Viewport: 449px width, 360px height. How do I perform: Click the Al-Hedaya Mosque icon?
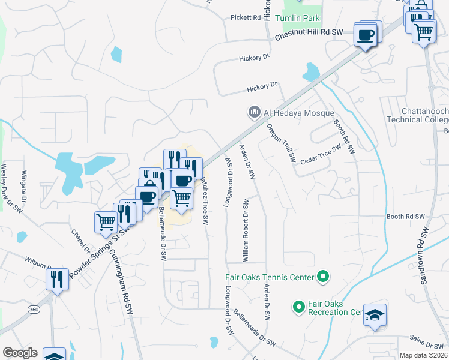point(254,112)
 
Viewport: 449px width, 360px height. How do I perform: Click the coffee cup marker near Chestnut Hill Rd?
point(366,35)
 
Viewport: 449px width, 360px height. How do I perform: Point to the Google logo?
point(20,353)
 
